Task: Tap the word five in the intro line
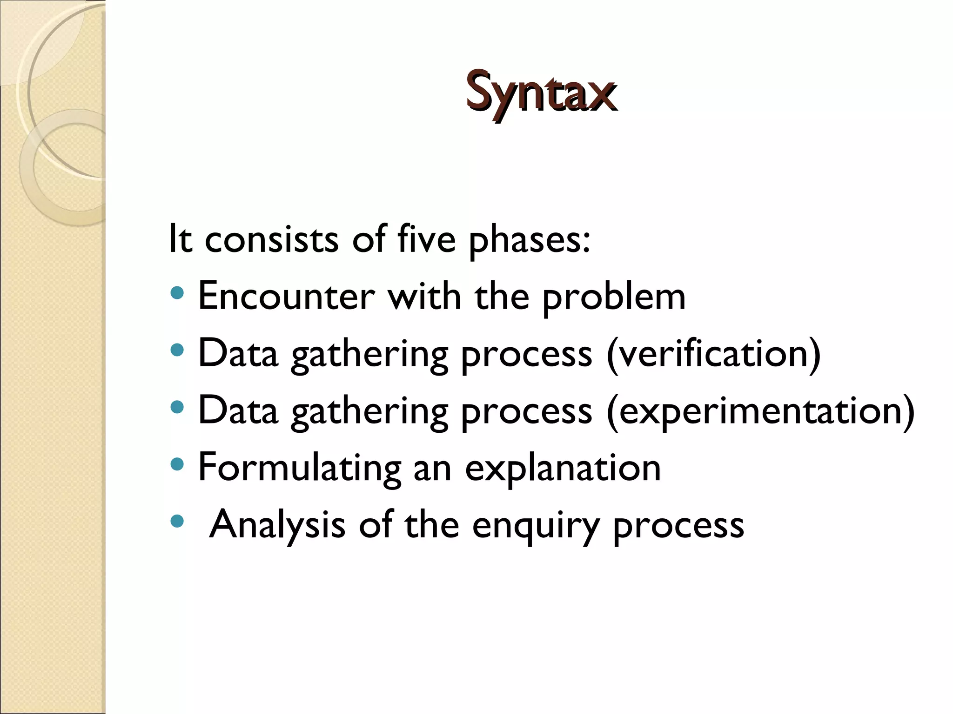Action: point(426,239)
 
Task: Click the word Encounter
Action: point(286,297)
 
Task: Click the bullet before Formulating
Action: point(177,464)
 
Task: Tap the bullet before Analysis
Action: point(177,522)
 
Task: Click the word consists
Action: point(271,239)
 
